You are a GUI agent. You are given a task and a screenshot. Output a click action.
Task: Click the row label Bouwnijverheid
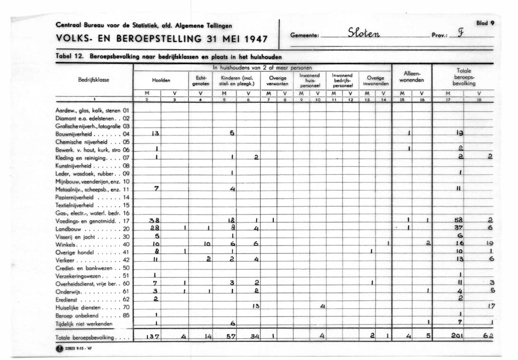point(76,134)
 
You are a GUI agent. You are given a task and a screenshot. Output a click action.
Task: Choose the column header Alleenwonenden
point(411,77)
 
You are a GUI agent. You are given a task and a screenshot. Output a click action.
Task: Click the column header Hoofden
point(161,80)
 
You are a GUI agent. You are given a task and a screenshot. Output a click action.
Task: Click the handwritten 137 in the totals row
point(153,337)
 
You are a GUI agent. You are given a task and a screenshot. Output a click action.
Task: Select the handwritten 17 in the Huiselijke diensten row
point(491,306)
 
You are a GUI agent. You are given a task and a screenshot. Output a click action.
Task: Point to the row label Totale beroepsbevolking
point(88,337)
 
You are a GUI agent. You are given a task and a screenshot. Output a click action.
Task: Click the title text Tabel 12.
point(68,56)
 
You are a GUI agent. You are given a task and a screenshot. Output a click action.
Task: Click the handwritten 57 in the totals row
point(231,337)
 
